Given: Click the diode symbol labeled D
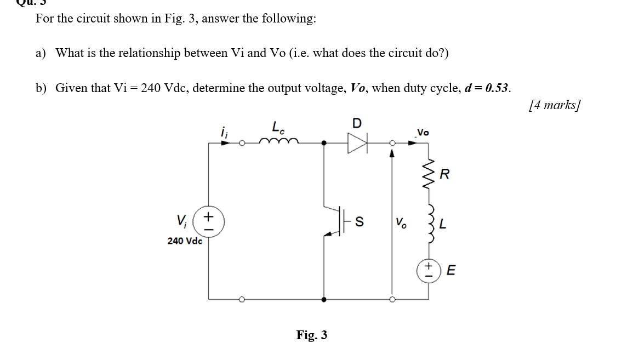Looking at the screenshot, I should [x=357, y=143].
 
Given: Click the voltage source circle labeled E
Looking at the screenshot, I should [x=429, y=271].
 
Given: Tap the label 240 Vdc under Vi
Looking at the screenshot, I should [x=185, y=241].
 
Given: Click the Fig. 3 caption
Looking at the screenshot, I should [x=311, y=335].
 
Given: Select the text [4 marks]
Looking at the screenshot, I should [x=554, y=105].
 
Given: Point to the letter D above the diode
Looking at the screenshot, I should [x=357, y=123].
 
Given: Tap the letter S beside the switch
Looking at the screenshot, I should [x=360, y=222].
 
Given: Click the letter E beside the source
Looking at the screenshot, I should [x=451, y=271].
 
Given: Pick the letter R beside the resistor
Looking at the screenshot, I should [x=444, y=175].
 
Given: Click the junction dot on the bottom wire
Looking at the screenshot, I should [x=324, y=300].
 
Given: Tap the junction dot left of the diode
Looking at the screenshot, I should [x=324, y=143].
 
